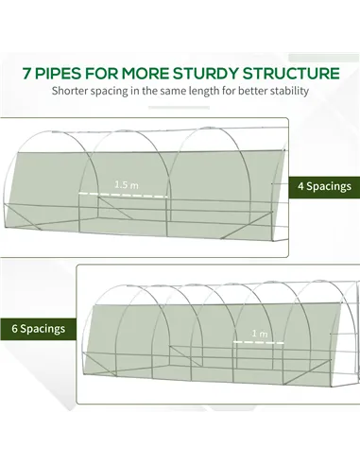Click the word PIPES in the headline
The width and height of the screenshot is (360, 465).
click(x=58, y=74)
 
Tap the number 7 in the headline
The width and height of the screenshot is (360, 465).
click(x=26, y=74)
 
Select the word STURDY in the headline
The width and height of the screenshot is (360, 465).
click(x=206, y=74)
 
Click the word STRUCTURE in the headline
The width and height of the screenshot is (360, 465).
click(x=291, y=74)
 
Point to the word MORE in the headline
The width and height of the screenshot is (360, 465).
click(x=146, y=74)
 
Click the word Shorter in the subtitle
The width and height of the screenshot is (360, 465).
click(x=70, y=91)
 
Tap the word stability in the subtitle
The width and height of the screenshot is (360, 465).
click(x=289, y=91)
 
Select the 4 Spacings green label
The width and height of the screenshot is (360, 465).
click(x=324, y=187)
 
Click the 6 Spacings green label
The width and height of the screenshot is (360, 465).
click(x=38, y=329)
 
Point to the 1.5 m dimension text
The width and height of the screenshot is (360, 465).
click(x=127, y=184)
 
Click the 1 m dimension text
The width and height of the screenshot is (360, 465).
click(x=260, y=334)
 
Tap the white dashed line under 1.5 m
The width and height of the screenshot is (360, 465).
click(x=123, y=195)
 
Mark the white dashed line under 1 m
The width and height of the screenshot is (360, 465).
click(x=259, y=342)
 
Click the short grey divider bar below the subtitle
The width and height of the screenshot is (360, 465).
click(x=179, y=108)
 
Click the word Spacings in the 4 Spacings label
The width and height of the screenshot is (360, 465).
click(x=329, y=186)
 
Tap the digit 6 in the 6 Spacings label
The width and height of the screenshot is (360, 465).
click(x=14, y=329)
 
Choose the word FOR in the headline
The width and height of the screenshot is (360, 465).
click(x=101, y=74)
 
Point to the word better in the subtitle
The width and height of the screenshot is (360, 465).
click(x=252, y=91)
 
